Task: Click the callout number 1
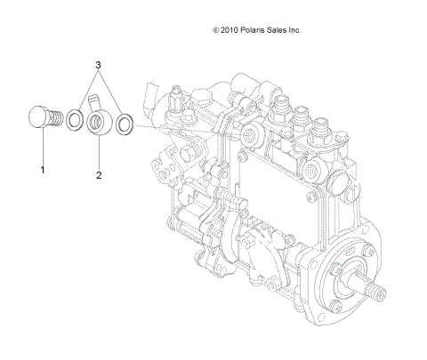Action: tap(41, 166)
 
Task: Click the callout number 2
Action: tap(99, 175)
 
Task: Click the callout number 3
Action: tap(100, 65)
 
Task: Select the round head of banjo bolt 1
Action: tap(36, 120)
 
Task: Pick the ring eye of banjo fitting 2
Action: tap(99, 121)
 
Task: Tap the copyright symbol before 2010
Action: tap(216, 29)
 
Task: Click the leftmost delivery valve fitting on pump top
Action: tap(283, 107)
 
